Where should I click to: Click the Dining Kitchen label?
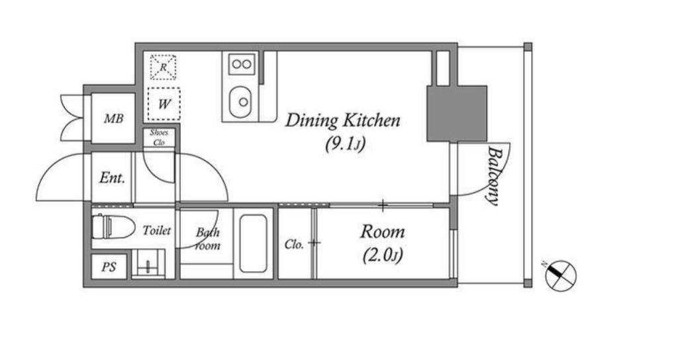pyautogui.click(x=342, y=120)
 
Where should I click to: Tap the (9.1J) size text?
pyautogui.click(x=345, y=144)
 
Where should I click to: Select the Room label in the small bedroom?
pyautogui.click(x=383, y=232)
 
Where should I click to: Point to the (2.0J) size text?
pyautogui.click(x=383, y=255)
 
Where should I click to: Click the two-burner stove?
pyautogui.click(x=242, y=64)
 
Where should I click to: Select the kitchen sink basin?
pyautogui.click(x=241, y=101)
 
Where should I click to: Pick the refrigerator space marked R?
pyautogui.click(x=163, y=67)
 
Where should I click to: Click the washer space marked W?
pyautogui.click(x=164, y=104)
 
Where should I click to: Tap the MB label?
pyautogui.click(x=113, y=118)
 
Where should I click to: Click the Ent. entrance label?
pyautogui.click(x=112, y=177)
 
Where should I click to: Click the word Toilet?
pyautogui.click(x=156, y=230)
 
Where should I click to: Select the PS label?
pyautogui.click(x=109, y=267)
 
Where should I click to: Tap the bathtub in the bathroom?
pyautogui.click(x=253, y=243)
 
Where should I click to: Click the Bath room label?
pyautogui.click(x=207, y=239)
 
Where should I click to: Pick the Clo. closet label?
pyautogui.click(x=294, y=245)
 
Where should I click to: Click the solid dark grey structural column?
pyautogui.click(x=457, y=114)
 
